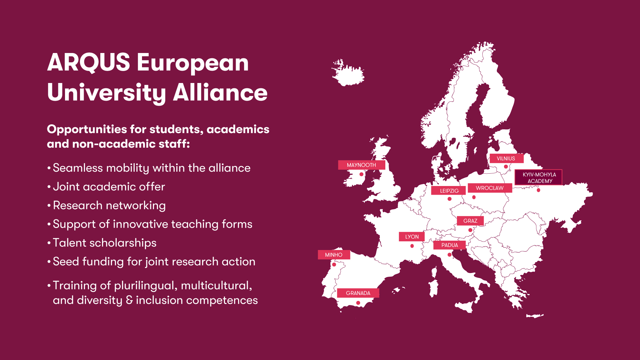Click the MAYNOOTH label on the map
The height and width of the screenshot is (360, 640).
pos(361,165)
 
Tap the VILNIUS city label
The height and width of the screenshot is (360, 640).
pos(506,158)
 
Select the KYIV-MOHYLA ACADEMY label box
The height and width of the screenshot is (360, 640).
pos(539,178)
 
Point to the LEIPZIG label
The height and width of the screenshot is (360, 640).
pos(449,191)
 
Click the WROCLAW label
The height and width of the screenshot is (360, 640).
pos(489,188)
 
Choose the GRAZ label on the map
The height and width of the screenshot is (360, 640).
pos(470,221)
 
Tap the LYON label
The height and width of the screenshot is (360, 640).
pos(412,237)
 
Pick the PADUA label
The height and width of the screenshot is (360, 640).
pos(449,245)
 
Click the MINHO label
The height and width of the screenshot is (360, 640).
pos(333,255)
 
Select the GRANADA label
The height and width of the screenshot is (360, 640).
pos(358,293)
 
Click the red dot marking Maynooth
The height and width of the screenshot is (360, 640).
pos(361,174)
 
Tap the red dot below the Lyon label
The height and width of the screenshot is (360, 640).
pos(412,246)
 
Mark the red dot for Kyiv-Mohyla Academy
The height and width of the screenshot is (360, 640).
pos(538,190)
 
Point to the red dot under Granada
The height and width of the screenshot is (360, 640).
pos(358,303)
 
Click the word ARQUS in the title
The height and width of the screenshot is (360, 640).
pos(89,62)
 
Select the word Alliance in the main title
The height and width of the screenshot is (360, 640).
pos(220,92)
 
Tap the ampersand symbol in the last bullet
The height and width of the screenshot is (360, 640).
pos(129,300)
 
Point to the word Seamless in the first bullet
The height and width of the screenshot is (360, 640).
pos(78,168)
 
